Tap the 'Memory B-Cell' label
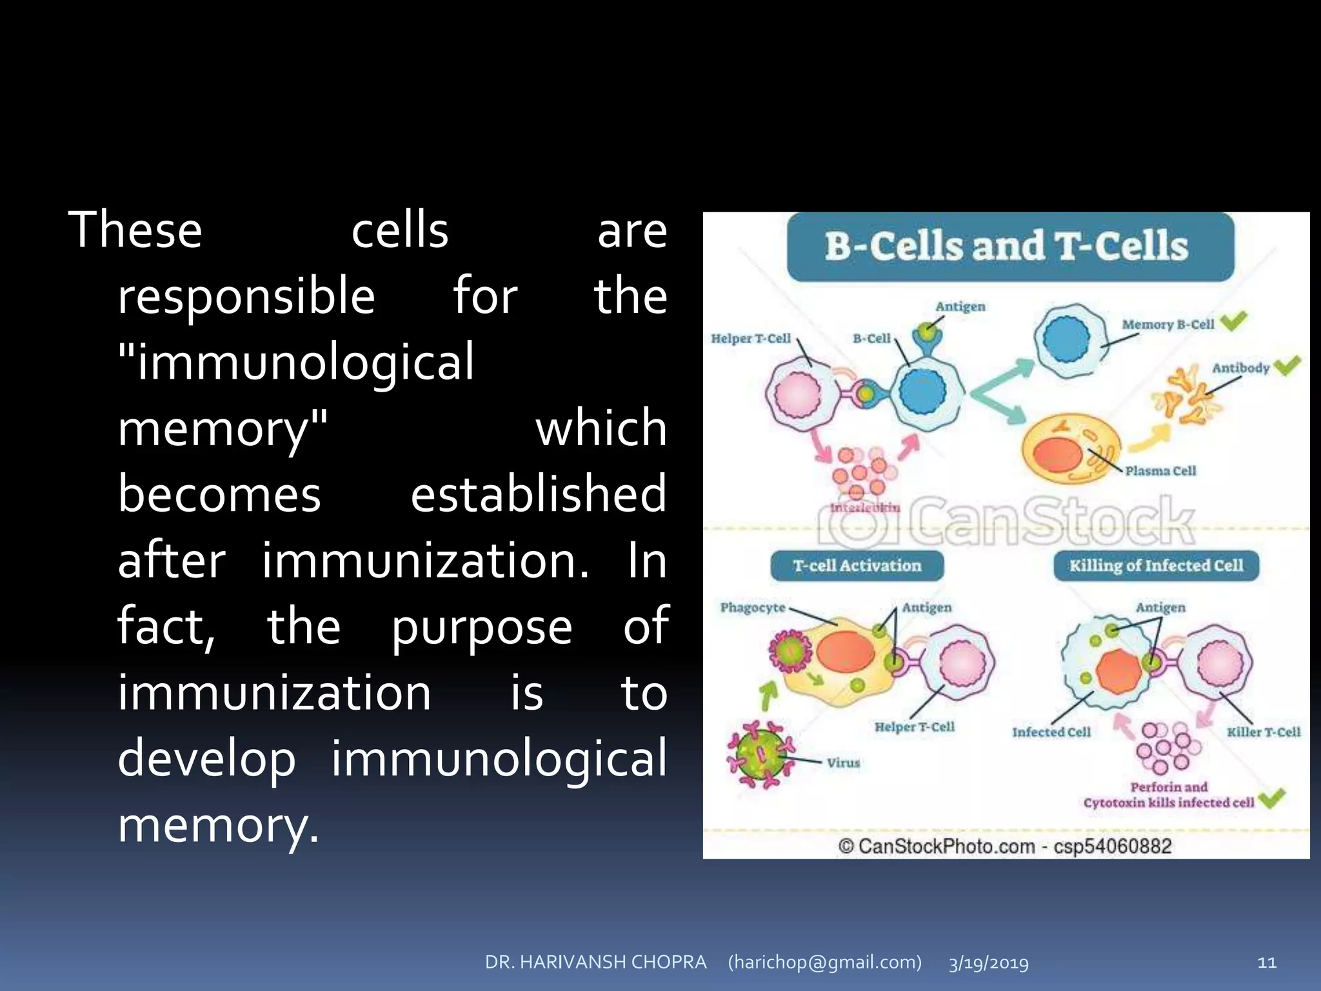pyautogui.click(x=1167, y=325)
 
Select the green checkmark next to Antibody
pyautogui.click(x=1287, y=366)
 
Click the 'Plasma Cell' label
pyautogui.click(x=1160, y=471)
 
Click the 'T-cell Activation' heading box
pyautogui.click(x=857, y=566)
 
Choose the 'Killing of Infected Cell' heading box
pyautogui.click(x=1155, y=566)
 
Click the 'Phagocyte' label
pyautogui.click(x=752, y=608)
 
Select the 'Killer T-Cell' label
pyautogui.click(x=1263, y=732)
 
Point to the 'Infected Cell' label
pyautogui.click(x=1051, y=732)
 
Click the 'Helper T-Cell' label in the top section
pyautogui.click(x=750, y=339)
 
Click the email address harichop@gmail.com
pyautogui.click(x=824, y=962)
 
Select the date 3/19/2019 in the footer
pyautogui.click(x=988, y=963)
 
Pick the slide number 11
pyautogui.click(x=1267, y=963)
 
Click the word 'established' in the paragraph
pyautogui.click(x=538, y=494)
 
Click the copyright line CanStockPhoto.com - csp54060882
pyautogui.click(x=1004, y=846)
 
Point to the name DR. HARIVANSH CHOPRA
pyautogui.click(x=595, y=962)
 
